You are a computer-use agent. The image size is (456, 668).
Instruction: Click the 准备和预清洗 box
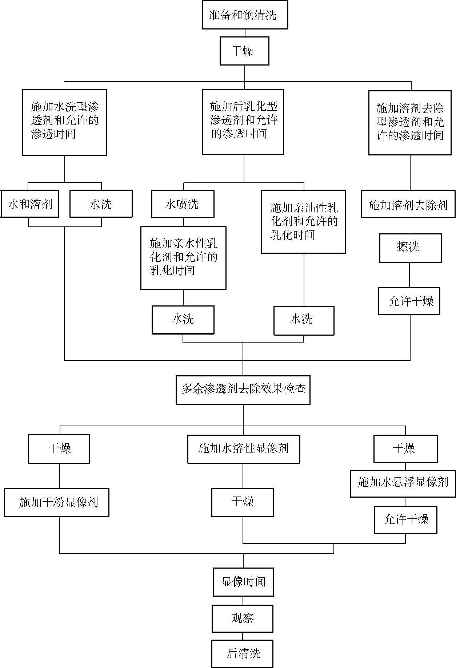coord(245,15)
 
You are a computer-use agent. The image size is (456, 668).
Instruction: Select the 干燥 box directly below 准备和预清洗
coord(244,51)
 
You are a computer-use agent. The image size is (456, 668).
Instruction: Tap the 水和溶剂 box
coord(30,204)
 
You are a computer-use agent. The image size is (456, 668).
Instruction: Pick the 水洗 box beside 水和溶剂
coord(101,204)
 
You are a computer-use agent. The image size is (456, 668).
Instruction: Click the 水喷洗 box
coord(183,204)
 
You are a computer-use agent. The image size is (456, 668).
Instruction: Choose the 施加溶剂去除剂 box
coord(408,205)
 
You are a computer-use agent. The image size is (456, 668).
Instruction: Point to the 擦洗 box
coord(410,248)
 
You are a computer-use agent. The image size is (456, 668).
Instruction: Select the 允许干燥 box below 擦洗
coord(409,301)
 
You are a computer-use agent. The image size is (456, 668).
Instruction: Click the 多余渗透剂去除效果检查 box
coord(243,390)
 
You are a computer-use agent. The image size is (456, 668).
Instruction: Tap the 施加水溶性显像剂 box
coord(244,448)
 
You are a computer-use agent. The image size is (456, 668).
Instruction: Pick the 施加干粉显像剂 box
coord(57,503)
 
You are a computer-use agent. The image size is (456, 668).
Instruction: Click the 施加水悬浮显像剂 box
coord(403,483)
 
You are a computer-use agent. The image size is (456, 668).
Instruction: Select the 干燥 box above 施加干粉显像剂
coord(59,448)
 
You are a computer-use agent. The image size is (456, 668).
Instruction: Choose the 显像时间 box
coord(243,582)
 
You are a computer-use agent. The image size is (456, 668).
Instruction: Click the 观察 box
coord(243,618)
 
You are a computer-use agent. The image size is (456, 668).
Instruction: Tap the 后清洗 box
coord(243,653)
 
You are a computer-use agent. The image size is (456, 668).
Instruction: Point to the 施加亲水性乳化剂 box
coord(183,258)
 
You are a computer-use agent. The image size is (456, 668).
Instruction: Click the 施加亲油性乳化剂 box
coord(303,221)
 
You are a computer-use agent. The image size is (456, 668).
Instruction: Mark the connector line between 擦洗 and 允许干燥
coord(409,275)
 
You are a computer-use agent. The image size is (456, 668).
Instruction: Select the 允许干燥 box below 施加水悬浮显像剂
coord(405,520)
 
